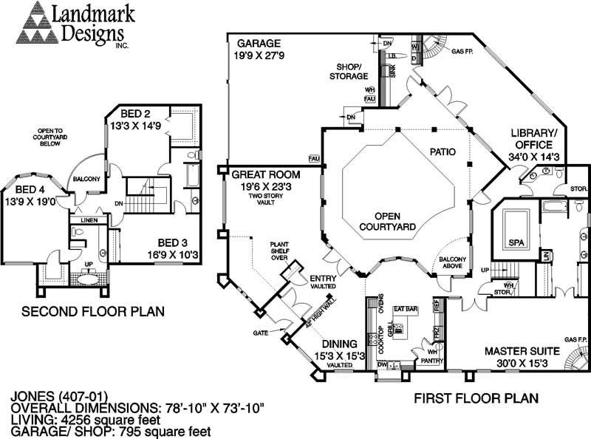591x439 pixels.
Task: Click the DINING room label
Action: pos(339,344)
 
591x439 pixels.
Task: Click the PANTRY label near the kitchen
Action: pos(430,361)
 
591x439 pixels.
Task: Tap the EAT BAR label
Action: pos(406,307)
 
